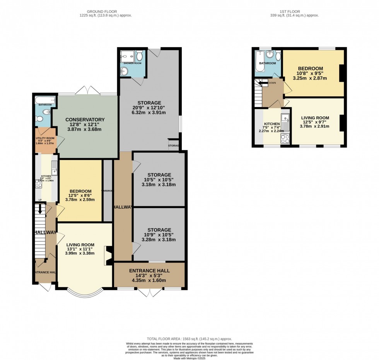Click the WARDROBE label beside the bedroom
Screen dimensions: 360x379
(108, 191)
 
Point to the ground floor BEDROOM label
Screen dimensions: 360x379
(80, 191)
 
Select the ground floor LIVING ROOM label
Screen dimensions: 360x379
(80, 245)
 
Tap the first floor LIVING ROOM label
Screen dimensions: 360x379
(315, 118)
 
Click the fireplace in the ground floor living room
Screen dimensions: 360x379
(108, 255)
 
